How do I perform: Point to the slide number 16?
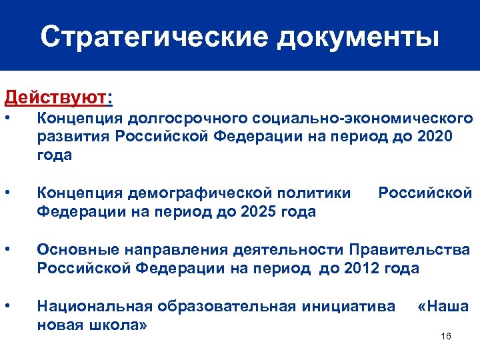[x=446, y=335]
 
